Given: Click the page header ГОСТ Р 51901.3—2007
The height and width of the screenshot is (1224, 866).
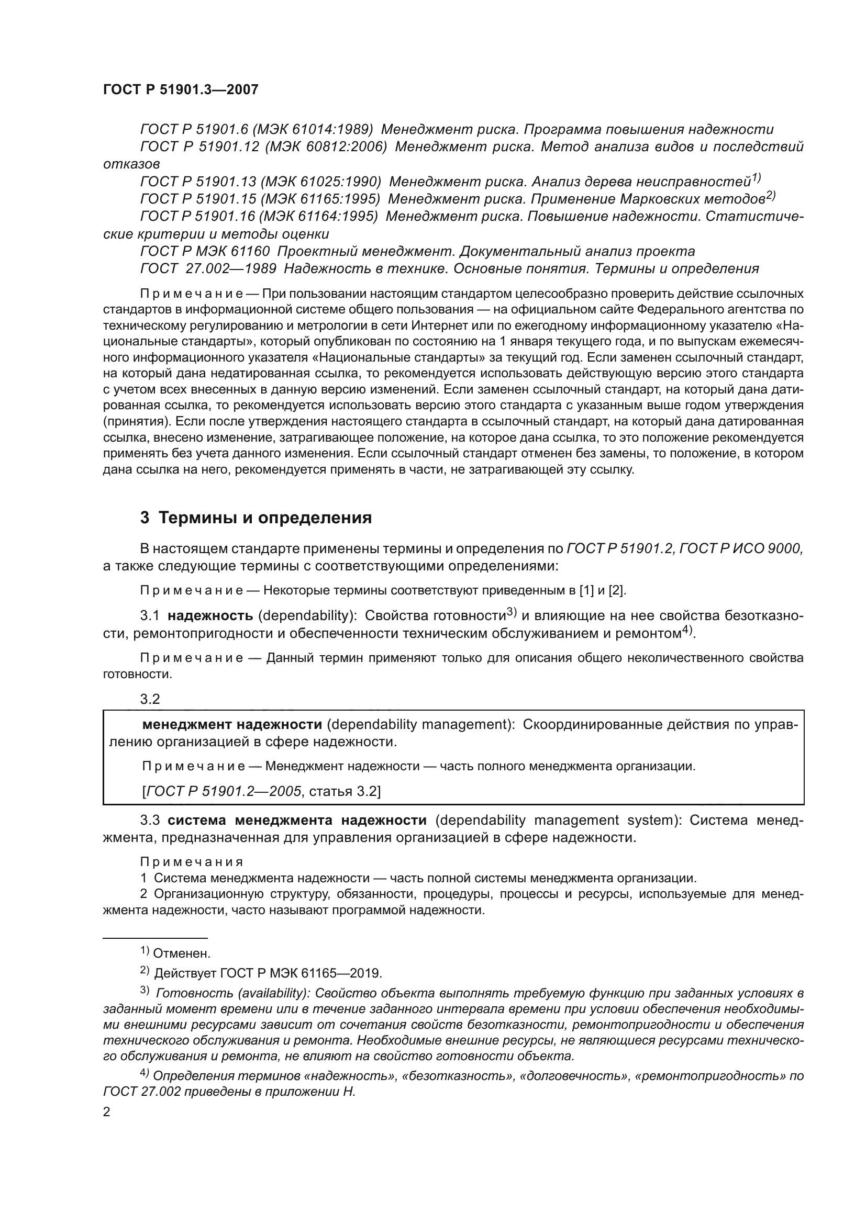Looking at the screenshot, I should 180,90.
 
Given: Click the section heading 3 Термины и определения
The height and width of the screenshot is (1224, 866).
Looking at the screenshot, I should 256,518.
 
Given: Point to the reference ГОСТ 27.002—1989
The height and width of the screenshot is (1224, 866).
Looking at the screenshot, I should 208,268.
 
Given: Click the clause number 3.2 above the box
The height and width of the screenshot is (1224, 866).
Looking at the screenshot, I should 150,699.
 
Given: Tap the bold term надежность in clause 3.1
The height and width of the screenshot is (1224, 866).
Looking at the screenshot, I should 210,616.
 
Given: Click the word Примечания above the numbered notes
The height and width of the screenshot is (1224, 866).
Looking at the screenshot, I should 192,862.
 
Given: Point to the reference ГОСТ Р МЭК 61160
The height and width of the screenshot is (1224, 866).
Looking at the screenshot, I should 205,251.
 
